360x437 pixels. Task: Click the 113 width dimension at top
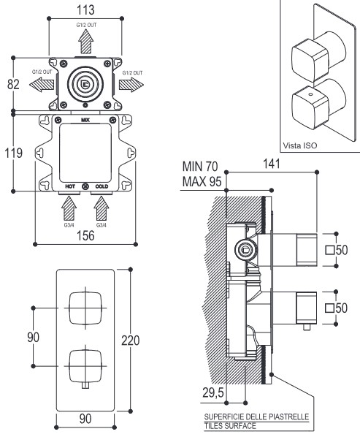(85, 10)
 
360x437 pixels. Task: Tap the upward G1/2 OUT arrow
(85, 41)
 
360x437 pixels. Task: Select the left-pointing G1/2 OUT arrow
(42, 85)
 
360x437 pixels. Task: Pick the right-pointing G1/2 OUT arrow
(131, 85)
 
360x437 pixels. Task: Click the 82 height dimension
(13, 84)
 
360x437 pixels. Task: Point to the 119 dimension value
(13, 153)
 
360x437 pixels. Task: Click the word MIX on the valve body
(85, 120)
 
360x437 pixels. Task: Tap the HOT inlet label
(70, 186)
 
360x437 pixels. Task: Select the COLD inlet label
(102, 186)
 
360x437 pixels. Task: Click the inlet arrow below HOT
(69, 208)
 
